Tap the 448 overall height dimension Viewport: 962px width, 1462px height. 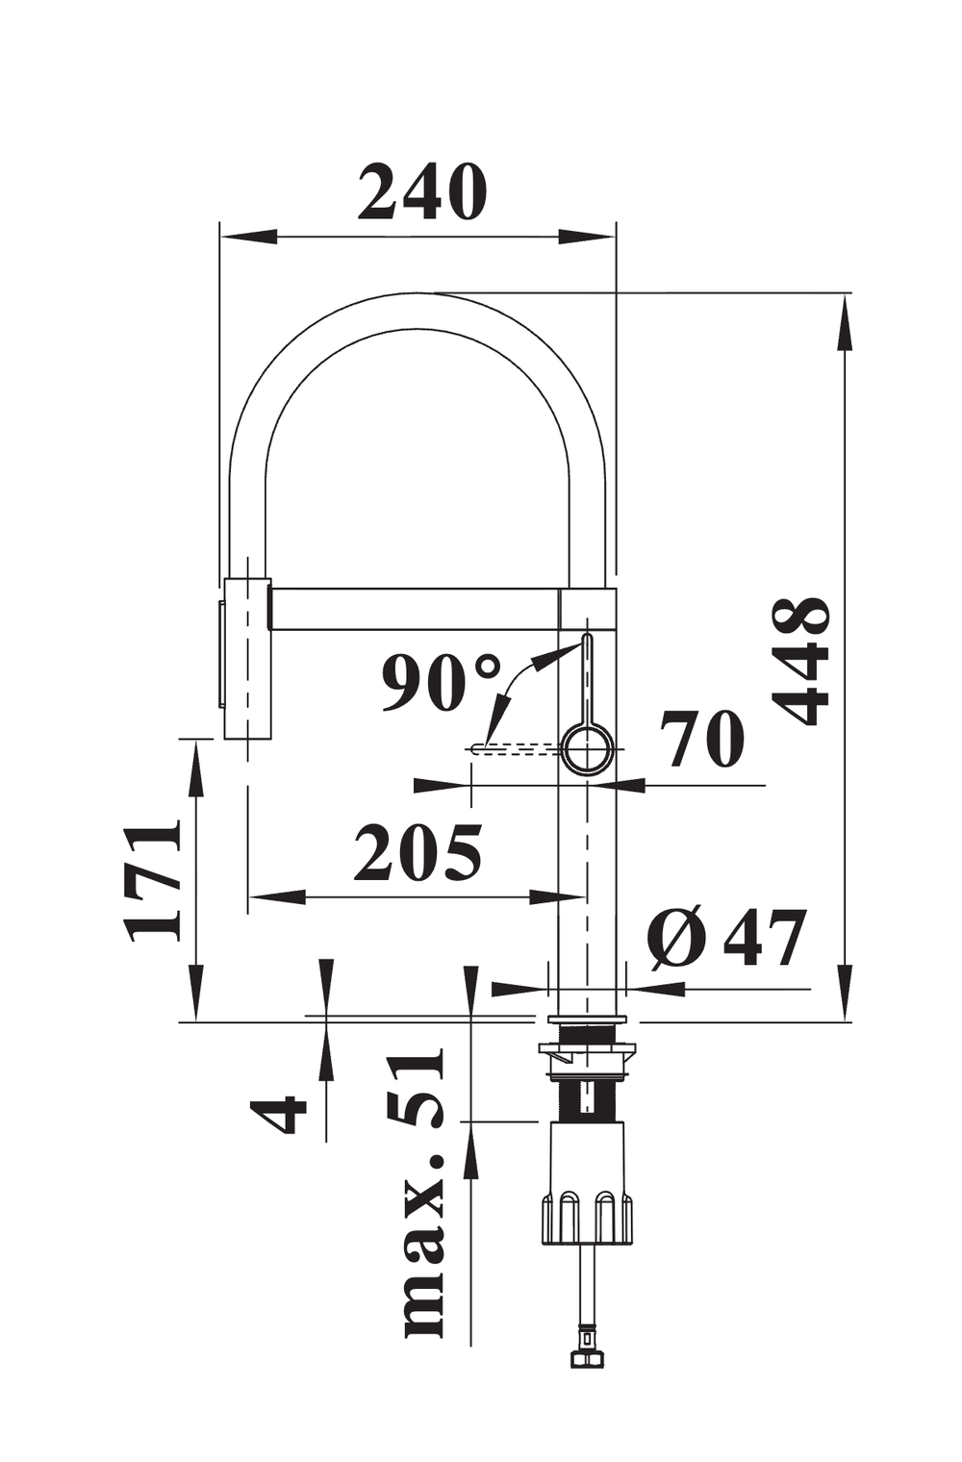point(802,660)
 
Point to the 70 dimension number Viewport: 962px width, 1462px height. point(702,740)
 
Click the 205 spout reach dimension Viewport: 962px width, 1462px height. point(418,852)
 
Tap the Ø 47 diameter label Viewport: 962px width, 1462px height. point(726,937)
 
